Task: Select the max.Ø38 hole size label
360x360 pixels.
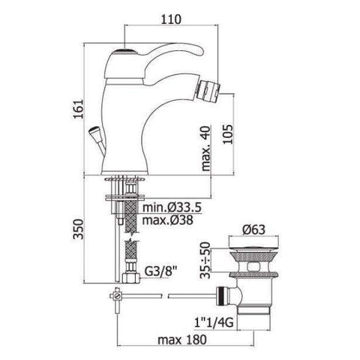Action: click(173, 220)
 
